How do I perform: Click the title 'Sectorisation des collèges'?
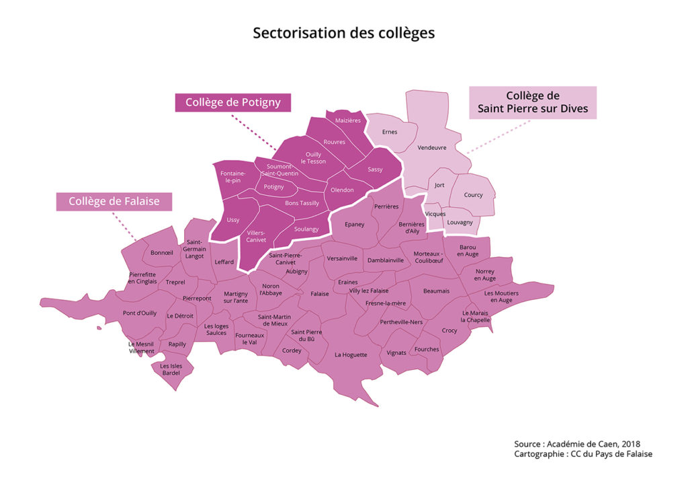(343, 33)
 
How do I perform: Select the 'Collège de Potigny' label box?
(232, 102)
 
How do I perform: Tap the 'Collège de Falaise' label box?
(113, 201)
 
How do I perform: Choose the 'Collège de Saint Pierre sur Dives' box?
(532, 102)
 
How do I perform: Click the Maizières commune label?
(348, 120)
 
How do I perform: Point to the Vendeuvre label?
(432, 147)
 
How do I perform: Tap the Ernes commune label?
(390, 132)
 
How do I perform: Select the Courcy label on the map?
(473, 195)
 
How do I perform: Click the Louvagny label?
(460, 222)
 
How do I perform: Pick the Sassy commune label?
(375, 170)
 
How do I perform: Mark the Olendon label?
(341, 190)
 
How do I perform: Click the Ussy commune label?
(232, 220)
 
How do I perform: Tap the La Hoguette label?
(351, 354)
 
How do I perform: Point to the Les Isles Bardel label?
(171, 369)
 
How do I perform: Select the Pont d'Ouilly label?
(140, 313)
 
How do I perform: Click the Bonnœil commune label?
(162, 253)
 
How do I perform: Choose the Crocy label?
(449, 330)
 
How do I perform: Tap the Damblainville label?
(386, 260)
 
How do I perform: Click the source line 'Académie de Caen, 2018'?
(577, 444)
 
